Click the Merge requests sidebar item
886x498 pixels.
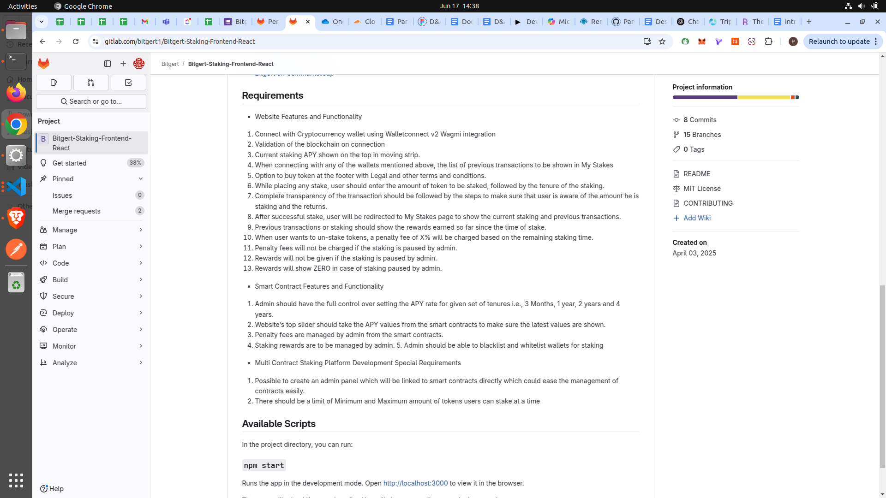click(77, 211)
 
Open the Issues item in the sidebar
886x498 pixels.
click(62, 196)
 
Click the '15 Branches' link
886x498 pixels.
click(702, 135)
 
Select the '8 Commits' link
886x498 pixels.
click(700, 120)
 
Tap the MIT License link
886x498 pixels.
click(702, 189)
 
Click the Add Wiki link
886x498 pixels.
click(696, 218)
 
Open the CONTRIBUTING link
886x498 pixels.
click(708, 203)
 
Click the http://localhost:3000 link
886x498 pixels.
click(415, 483)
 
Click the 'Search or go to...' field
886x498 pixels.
click(91, 101)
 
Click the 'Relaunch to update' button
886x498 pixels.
click(839, 41)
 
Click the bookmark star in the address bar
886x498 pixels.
click(662, 41)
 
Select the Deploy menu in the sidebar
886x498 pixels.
click(63, 313)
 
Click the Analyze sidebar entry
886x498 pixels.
click(65, 363)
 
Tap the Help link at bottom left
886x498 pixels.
click(52, 489)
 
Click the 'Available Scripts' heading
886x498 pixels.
click(279, 424)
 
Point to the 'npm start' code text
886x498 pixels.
click(264, 465)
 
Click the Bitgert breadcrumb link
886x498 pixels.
click(170, 64)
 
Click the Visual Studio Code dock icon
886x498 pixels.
click(16, 187)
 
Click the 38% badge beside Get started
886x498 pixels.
click(135, 163)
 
